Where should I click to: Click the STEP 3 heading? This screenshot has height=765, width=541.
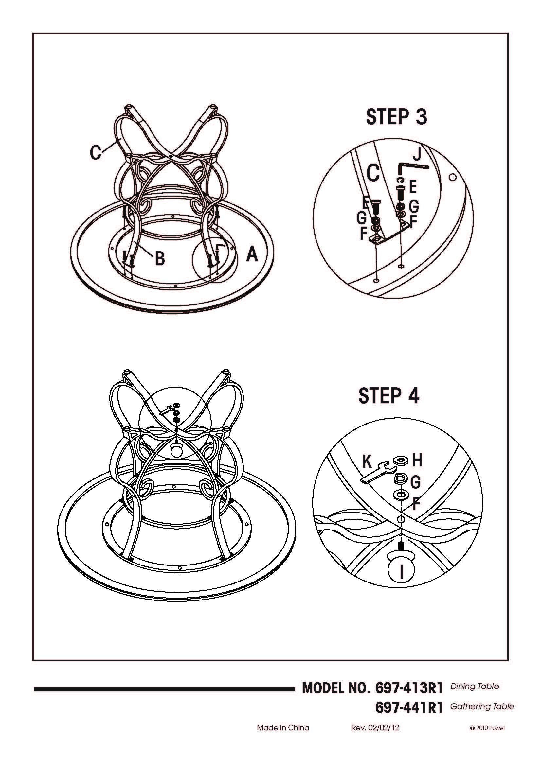(396, 117)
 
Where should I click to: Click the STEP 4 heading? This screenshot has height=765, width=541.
(389, 396)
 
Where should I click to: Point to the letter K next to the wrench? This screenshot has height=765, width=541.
(367, 462)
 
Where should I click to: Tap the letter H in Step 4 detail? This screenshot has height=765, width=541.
(417, 460)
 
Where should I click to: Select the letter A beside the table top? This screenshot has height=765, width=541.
(252, 254)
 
